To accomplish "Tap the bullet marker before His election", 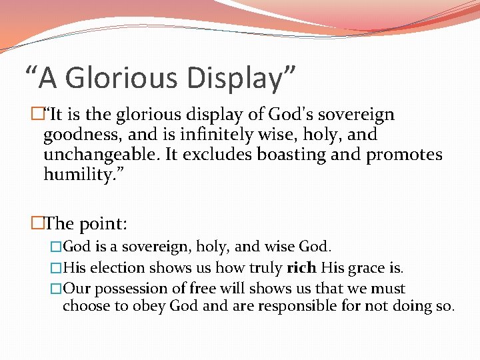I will (56, 268).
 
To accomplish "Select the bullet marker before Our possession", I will (56, 289).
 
